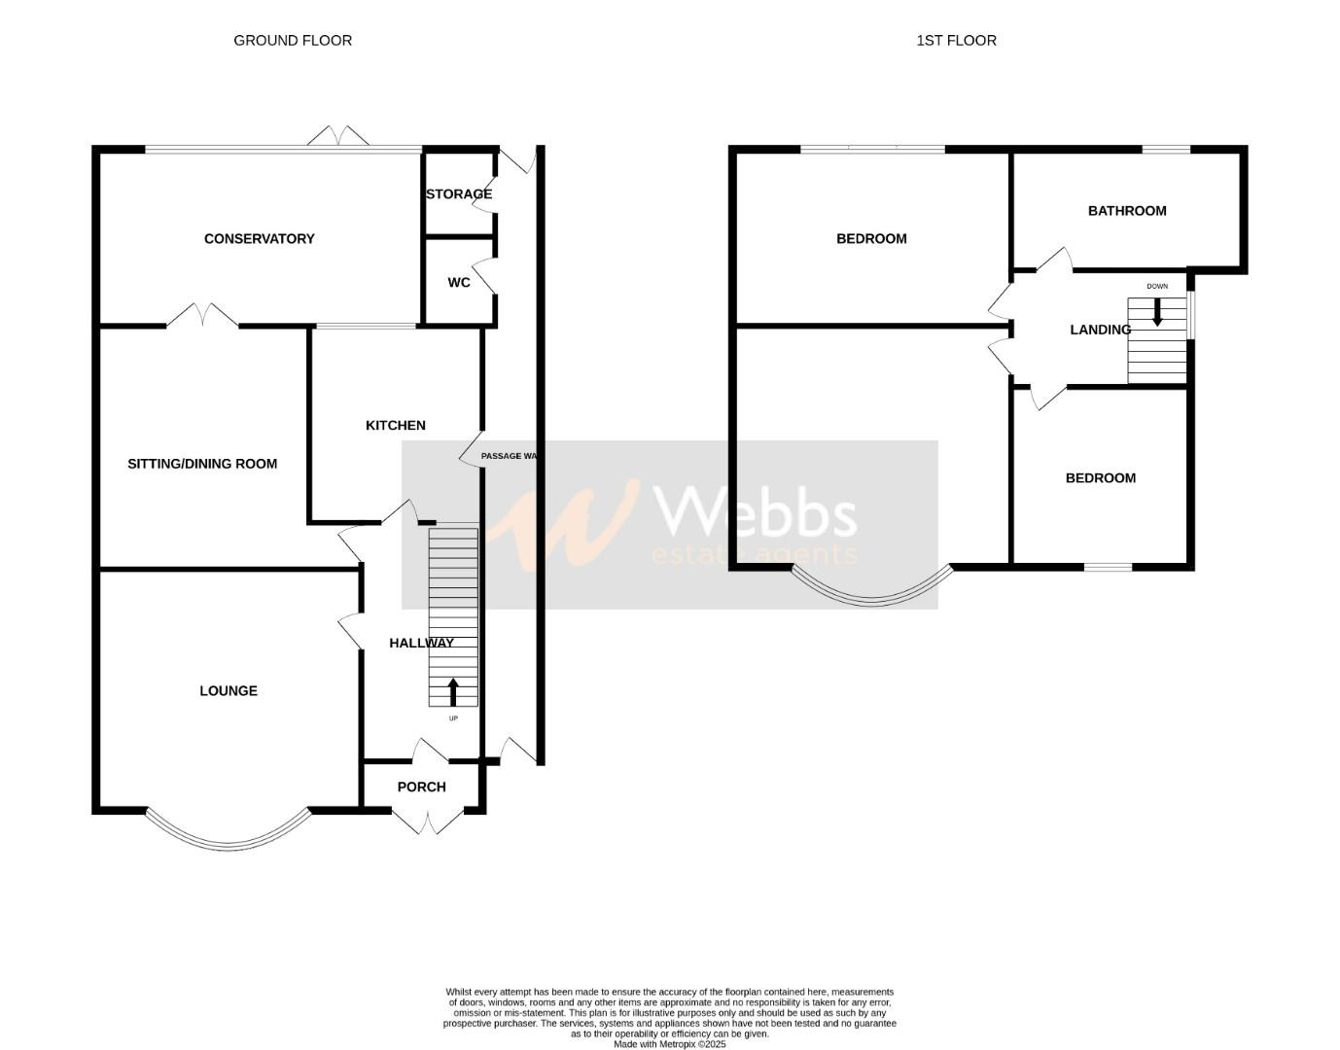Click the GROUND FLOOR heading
pyautogui.click(x=293, y=40)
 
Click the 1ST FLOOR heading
pyautogui.click(x=956, y=40)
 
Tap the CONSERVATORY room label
pyautogui.click(x=259, y=238)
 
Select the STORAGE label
pyautogui.click(x=459, y=193)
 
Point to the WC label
pyautogui.click(x=459, y=282)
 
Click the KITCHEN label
pyautogui.click(x=395, y=425)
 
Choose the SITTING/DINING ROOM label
pyautogui.click(x=202, y=464)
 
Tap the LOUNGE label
pyautogui.click(x=229, y=690)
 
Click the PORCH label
pyautogui.click(x=422, y=787)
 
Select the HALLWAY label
pyautogui.click(x=421, y=643)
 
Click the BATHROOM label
pyautogui.click(x=1127, y=210)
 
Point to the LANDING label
pyautogui.click(x=1100, y=330)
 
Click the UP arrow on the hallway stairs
pyautogui.click(x=453, y=691)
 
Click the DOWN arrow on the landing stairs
pyautogui.click(x=1157, y=312)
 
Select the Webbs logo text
pyautogui.click(x=756, y=512)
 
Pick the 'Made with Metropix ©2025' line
pyautogui.click(x=669, y=1044)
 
